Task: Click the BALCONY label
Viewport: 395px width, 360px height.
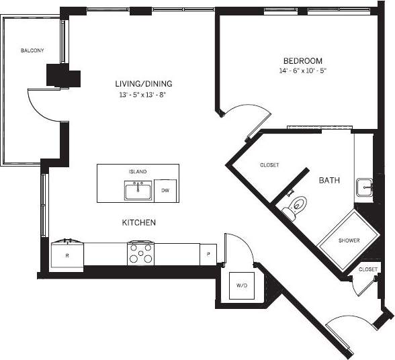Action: [32, 51]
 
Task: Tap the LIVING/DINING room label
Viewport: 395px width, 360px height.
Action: [143, 84]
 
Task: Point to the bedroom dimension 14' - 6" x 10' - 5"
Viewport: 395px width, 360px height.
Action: [302, 71]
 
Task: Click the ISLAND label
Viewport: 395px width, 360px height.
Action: [138, 172]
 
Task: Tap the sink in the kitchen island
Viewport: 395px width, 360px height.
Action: [138, 191]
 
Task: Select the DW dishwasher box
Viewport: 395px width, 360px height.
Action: [165, 191]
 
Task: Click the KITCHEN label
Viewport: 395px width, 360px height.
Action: [139, 222]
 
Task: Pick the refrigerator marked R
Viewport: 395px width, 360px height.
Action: [67, 255]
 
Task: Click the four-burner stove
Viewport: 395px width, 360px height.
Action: [141, 254]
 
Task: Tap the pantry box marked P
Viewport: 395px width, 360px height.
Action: [208, 254]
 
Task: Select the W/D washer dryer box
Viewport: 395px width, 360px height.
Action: [241, 285]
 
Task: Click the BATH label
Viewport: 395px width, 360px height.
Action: [328, 181]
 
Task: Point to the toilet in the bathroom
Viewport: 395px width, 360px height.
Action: [294, 208]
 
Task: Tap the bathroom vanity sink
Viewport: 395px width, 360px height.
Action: [363, 187]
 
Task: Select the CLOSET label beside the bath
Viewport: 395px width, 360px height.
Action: [269, 165]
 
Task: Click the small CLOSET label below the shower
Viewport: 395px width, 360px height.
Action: [368, 269]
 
